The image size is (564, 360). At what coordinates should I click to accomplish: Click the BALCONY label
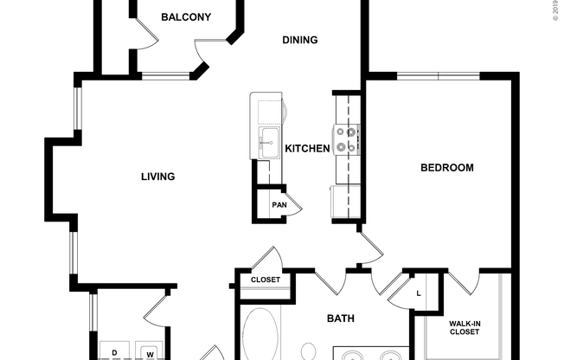[x=186, y=17]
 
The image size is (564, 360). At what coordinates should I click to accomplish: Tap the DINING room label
[x=300, y=40]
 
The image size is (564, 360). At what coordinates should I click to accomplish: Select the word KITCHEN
[x=307, y=149]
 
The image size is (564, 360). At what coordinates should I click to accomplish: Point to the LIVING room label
[x=157, y=177]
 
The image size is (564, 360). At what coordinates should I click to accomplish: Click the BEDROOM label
[x=446, y=168]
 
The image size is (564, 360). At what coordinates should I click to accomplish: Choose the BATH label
[x=340, y=319]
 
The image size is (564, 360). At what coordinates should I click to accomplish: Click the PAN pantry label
[x=279, y=205]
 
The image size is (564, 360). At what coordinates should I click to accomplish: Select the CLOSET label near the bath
[x=265, y=280]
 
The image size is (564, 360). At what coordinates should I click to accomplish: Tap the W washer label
[x=149, y=353]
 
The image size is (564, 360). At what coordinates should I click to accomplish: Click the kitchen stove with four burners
[x=347, y=140]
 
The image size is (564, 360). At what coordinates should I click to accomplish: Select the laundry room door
[x=155, y=308]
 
